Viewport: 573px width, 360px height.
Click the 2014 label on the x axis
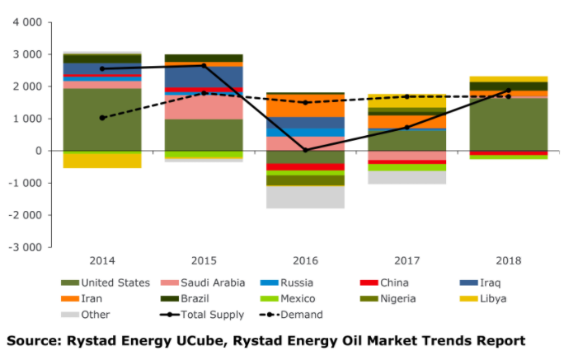coord(102,260)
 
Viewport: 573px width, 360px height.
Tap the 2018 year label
coord(509,260)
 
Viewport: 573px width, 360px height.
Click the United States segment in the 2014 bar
coord(102,119)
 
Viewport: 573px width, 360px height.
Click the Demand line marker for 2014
coord(102,118)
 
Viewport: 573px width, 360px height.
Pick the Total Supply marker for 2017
coord(407,127)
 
